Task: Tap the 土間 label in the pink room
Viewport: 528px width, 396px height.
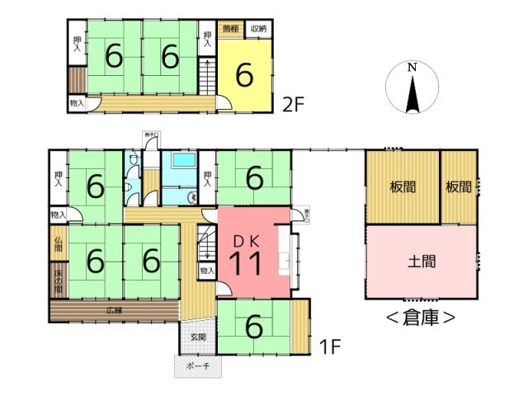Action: click(421, 262)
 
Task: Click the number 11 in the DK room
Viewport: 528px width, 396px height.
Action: click(245, 265)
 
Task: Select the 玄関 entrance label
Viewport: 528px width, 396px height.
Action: click(197, 337)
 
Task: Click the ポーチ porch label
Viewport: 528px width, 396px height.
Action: click(197, 365)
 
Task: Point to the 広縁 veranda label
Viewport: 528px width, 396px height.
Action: click(114, 310)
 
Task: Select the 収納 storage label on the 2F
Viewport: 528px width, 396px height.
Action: click(258, 29)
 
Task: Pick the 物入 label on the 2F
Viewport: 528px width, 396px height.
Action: click(78, 103)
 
